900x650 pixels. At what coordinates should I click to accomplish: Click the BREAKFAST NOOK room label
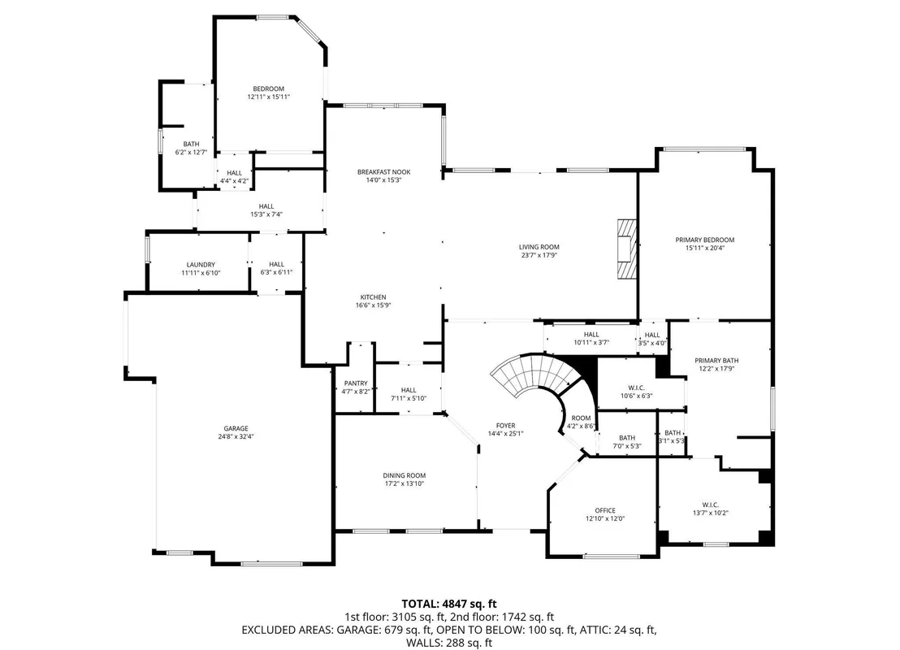tap(383, 171)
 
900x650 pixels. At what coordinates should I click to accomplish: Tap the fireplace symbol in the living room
tap(627, 249)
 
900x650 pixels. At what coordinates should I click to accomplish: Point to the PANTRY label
tap(356, 383)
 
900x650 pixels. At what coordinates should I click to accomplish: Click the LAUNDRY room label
tap(201, 265)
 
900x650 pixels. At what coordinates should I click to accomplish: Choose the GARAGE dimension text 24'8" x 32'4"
tap(236, 436)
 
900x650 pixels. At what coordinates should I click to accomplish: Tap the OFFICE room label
tap(605, 510)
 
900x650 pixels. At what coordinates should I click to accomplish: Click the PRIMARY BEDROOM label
tap(705, 240)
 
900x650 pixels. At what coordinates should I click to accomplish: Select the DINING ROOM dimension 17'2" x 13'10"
tap(405, 483)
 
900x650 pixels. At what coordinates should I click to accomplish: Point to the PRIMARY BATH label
tap(716, 361)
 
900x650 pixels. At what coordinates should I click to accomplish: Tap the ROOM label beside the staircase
tap(581, 418)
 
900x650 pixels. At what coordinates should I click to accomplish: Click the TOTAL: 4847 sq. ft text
tap(449, 604)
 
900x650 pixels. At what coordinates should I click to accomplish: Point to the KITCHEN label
tap(373, 297)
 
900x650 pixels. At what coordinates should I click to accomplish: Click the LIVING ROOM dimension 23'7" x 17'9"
tap(539, 255)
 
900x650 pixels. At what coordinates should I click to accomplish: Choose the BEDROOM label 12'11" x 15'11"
tap(269, 89)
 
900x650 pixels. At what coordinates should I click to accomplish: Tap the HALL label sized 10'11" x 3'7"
tap(591, 334)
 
